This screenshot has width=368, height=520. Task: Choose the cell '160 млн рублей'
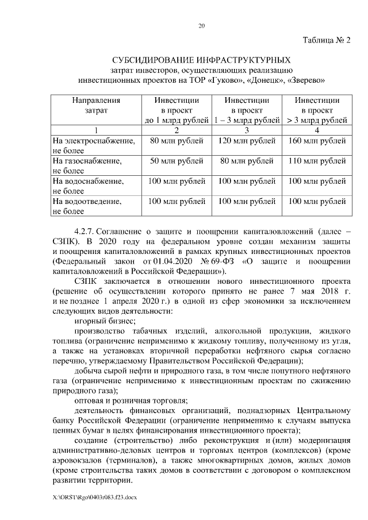tap(317, 140)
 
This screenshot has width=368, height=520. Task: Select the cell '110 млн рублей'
tap(317, 161)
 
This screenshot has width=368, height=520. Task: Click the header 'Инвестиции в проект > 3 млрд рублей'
tap(317, 110)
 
